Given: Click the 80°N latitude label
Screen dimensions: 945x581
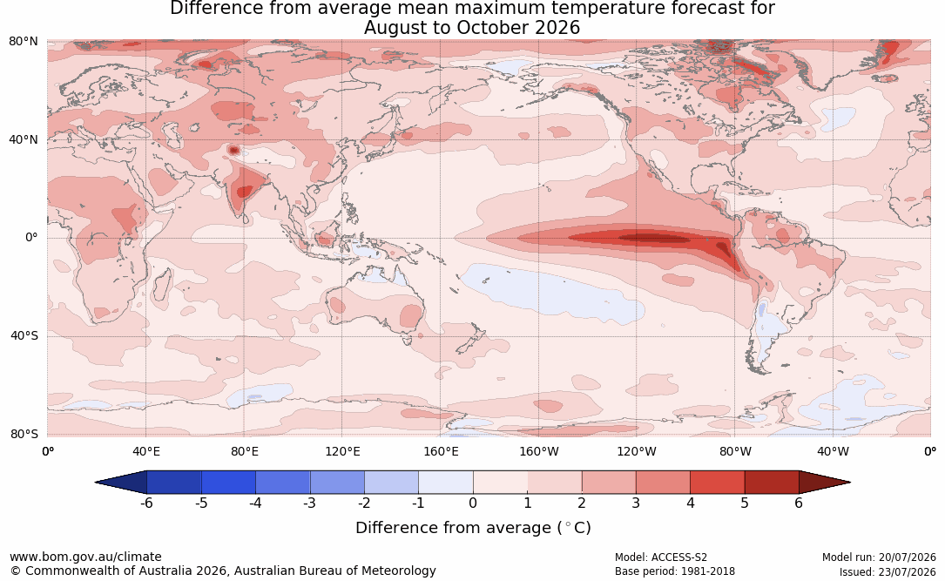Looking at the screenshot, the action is [x=23, y=41].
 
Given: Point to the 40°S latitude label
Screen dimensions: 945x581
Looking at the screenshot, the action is [x=24, y=335].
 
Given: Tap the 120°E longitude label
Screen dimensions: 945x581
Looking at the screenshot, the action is [x=342, y=451].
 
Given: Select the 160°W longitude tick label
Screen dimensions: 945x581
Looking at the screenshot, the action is [x=538, y=451].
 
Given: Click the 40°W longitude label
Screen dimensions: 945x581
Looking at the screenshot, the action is [x=833, y=451].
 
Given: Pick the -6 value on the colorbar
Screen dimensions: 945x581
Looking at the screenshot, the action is [x=145, y=503].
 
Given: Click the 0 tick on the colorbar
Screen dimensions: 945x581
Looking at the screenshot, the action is [x=472, y=503].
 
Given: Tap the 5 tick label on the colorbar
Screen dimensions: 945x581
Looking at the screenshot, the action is [x=745, y=503].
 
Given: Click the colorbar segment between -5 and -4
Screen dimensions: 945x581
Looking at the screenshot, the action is [x=228, y=483].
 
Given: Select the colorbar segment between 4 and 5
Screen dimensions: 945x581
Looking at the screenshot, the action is [x=717, y=483].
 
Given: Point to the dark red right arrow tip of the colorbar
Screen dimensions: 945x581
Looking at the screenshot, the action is [x=850, y=483].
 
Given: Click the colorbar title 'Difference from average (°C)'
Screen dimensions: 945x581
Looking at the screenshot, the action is [x=473, y=528].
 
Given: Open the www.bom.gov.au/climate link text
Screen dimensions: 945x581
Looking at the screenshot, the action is [x=85, y=557].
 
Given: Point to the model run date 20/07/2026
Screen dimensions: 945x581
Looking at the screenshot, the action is [x=907, y=557].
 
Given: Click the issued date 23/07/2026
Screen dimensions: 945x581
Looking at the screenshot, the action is [x=907, y=571].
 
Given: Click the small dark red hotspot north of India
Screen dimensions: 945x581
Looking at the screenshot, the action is [x=233, y=150].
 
